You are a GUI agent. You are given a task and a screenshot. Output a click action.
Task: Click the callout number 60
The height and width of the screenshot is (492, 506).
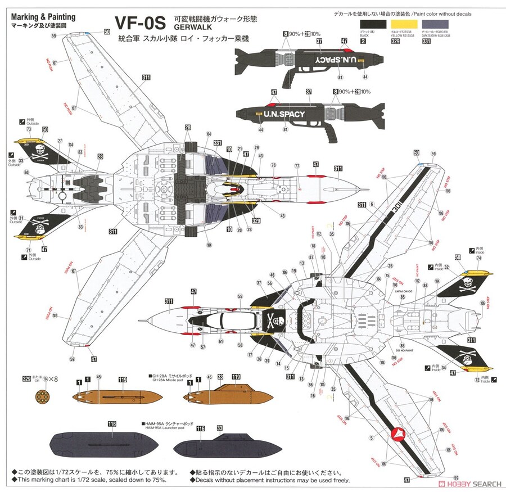pyautogui.click(x=26, y=173)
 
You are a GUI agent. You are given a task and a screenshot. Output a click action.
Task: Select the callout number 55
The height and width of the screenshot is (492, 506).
pyautogui.click(x=240, y=296)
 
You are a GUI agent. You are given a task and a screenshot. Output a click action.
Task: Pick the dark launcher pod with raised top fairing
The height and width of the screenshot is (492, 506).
pyautogui.click(x=217, y=445)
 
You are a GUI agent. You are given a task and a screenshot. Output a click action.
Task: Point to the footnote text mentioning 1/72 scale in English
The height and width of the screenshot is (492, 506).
pyautogui.click(x=92, y=480)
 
